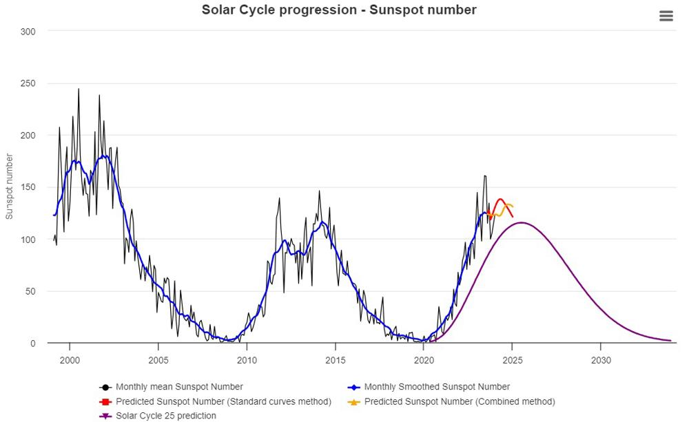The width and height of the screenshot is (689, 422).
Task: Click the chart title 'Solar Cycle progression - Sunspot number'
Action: click(339, 10)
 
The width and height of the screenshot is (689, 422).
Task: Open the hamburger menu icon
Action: click(666, 16)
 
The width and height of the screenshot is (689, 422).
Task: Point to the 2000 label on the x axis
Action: click(70, 359)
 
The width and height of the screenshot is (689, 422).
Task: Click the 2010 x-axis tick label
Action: click(247, 359)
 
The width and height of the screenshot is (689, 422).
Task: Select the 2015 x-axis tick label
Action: click(336, 359)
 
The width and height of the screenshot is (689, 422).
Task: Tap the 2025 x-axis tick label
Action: click(513, 359)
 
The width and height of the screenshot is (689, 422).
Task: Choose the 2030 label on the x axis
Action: click(601, 359)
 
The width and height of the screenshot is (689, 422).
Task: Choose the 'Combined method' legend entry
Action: click(459, 401)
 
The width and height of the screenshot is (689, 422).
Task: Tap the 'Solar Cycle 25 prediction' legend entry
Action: click(165, 416)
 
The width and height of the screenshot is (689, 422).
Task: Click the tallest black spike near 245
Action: click(79, 89)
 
